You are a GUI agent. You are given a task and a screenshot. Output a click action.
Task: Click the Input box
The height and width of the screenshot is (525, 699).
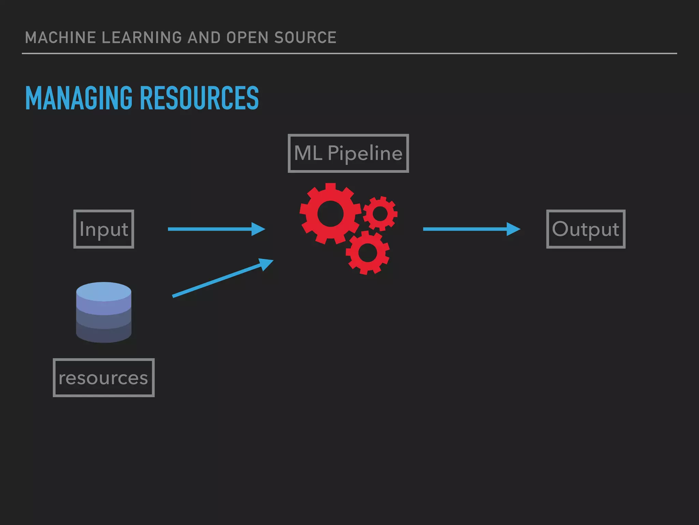[x=104, y=229]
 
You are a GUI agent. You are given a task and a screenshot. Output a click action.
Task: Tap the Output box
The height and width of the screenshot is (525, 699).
[x=586, y=229]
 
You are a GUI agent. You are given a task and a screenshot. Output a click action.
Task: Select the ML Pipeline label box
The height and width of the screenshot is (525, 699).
[x=348, y=153]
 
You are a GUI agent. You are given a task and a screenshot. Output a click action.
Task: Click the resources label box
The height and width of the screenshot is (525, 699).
[x=103, y=378]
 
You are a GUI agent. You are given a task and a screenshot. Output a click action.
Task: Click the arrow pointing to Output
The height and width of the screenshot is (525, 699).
[x=471, y=229]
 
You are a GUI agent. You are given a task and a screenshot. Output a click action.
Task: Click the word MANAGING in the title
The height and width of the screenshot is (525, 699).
[x=79, y=98]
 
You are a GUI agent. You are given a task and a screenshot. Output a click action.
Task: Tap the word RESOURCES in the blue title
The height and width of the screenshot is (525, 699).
[x=199, y=98]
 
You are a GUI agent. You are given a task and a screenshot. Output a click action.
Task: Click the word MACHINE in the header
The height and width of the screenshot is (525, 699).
[x=60, y=38]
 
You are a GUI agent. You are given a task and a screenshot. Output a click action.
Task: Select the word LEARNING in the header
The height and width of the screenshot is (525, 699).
[x=142, y=38]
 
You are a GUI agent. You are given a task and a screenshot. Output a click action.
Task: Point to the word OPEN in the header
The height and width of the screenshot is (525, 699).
[x=247, y=38]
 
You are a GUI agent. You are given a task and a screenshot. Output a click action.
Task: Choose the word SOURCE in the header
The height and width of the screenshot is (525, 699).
[x=305, y=38]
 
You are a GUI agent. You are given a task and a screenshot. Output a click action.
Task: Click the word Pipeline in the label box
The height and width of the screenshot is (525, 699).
[x=365, y=153]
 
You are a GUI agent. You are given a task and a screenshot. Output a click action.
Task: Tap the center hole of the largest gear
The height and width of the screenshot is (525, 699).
[x=330, y=214]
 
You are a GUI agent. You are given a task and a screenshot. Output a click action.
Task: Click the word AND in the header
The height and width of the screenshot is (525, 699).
[x=204, y=38]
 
